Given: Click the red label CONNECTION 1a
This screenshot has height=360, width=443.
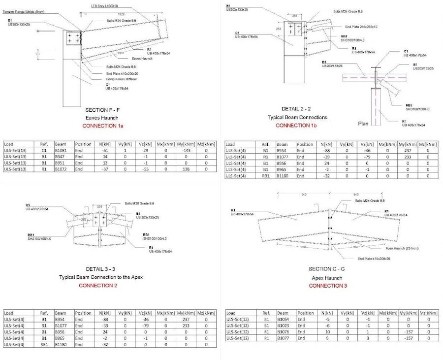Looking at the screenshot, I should (x=102, y=126).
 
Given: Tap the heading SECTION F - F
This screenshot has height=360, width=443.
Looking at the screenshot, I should (x=102, y=110).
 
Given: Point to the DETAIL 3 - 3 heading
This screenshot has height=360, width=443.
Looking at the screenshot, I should (x=100, y=269).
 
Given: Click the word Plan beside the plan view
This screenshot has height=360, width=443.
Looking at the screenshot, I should (x=363, y=124).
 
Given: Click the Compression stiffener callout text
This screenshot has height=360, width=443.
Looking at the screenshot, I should (x=122, y=79).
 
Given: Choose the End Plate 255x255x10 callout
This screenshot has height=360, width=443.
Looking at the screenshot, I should (x=361, y=27).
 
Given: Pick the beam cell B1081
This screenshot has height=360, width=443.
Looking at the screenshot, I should (x=61, y=150).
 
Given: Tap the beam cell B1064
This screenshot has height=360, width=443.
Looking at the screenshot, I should (x=283, y=319).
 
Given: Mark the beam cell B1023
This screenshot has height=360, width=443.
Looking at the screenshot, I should (x=283, y=325).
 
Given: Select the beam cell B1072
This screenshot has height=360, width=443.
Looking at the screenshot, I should (x=61, y=169).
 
